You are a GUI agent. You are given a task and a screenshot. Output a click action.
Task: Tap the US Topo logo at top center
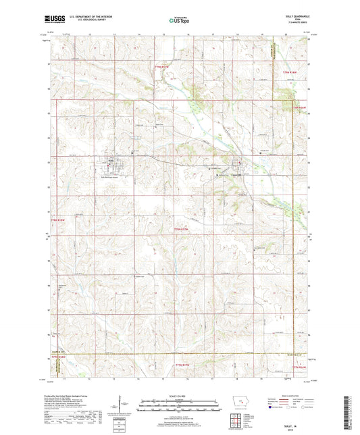175,22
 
